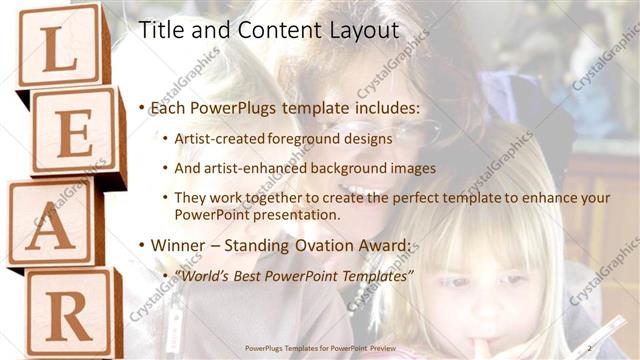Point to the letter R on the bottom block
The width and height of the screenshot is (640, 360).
tap(69, 317)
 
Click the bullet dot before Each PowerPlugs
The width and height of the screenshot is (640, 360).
tap(142, 108)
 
